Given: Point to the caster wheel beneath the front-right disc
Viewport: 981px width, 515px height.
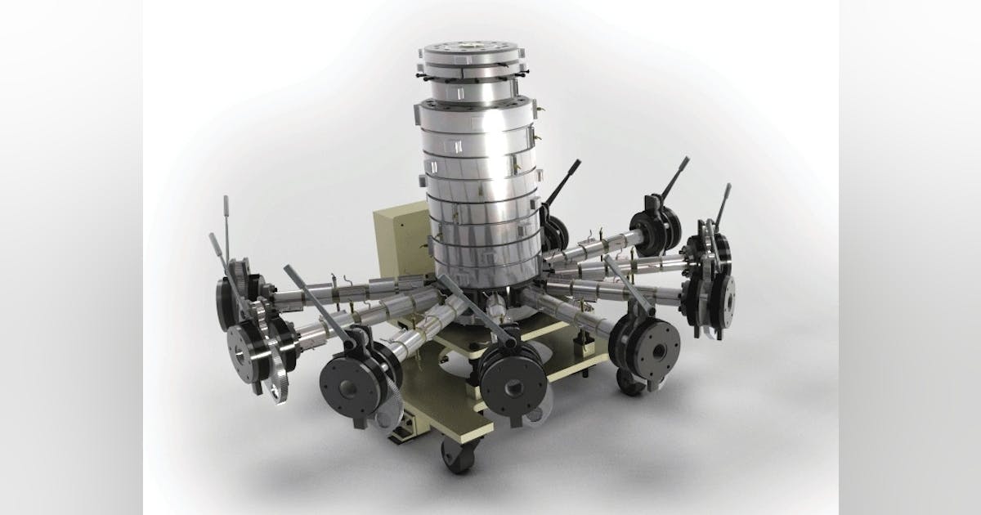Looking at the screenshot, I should coord(630,381).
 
